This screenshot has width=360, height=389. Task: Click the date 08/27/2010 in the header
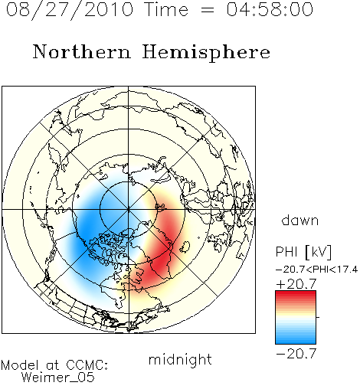(x=70, y=10)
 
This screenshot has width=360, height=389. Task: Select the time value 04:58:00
(x=270, y=9)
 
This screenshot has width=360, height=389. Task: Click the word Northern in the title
(x=82, y=51)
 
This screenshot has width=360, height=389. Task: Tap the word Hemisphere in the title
(x=206, y=53)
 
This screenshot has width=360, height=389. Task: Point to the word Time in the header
(x=166, y=9)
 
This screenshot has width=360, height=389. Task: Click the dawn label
(x=300, y=220)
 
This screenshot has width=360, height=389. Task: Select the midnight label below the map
(x=180, y=360)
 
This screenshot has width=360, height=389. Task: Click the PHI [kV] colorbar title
(x=303, y=252)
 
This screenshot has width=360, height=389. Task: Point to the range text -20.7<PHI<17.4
(x=317, y=269)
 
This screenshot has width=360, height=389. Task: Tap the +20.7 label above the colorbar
(x=296, y=284)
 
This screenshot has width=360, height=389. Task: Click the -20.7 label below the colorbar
(x=296, y=354)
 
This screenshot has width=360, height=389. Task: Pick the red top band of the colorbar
(x=296, y=294)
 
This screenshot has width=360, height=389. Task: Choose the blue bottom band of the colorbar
(x=296, y=341)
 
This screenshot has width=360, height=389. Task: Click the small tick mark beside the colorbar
(x=318, y=317)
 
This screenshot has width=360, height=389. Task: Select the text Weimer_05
(x=57, y=378)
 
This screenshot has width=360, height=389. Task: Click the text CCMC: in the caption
(x=87, y=365)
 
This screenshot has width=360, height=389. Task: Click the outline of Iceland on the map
(x=184, y=247)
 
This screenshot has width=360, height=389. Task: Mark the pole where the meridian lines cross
(x=128, y=209)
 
